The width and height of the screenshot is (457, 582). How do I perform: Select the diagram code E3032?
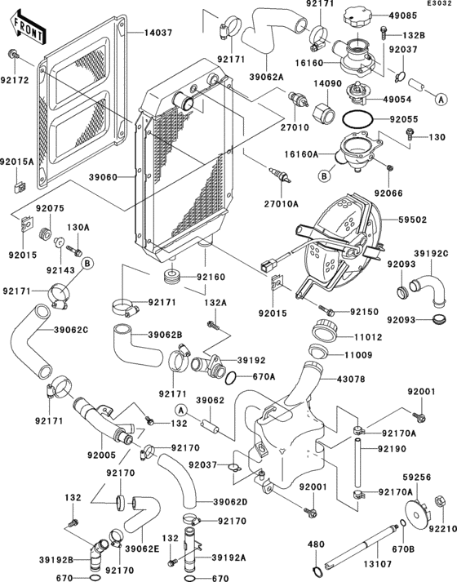click(x=439, y=5)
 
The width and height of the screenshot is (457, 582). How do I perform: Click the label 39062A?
click(x=265, y=77)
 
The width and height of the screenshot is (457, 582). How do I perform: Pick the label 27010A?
click(x=281, y=203)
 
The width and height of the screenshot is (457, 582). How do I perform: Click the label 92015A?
click(x=17, y=161)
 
